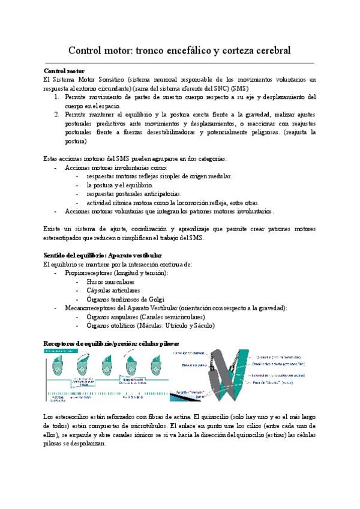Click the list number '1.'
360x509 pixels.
pyautogui.click(x=54, y=97)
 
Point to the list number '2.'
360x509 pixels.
pyautogui.click(x=54, y=114)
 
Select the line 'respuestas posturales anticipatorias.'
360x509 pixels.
pyautogui.click(x=133, y=194)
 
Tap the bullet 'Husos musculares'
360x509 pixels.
pyautogui.click(x=110, y=282)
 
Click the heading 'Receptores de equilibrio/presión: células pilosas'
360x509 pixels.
pyautogui.click(x=111, y=343)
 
